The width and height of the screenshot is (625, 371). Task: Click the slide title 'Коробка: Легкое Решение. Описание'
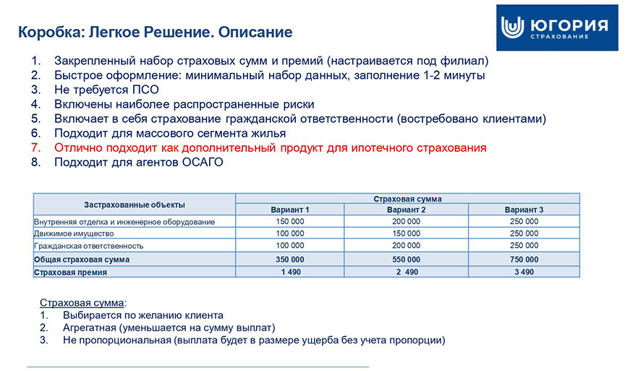[155, 33]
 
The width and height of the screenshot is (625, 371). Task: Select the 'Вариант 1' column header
[289, 210]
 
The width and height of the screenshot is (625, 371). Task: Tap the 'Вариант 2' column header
[405, 210]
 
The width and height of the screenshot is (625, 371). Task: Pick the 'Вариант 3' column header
[524, 210]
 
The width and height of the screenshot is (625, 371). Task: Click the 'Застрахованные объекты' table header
[135, 204]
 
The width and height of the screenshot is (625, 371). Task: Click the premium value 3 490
[524, 272]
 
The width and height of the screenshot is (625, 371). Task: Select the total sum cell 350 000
[289, 259]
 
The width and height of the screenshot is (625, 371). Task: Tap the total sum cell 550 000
[405, 259]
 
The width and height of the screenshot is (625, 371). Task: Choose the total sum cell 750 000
[524, 259]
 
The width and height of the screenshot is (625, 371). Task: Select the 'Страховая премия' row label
[70, 273]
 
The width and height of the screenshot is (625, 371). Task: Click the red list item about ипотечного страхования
[270, 148]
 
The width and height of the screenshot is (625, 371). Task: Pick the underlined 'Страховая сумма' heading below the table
[82, 302]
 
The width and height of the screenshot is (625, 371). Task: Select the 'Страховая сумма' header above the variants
[407, 198]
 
